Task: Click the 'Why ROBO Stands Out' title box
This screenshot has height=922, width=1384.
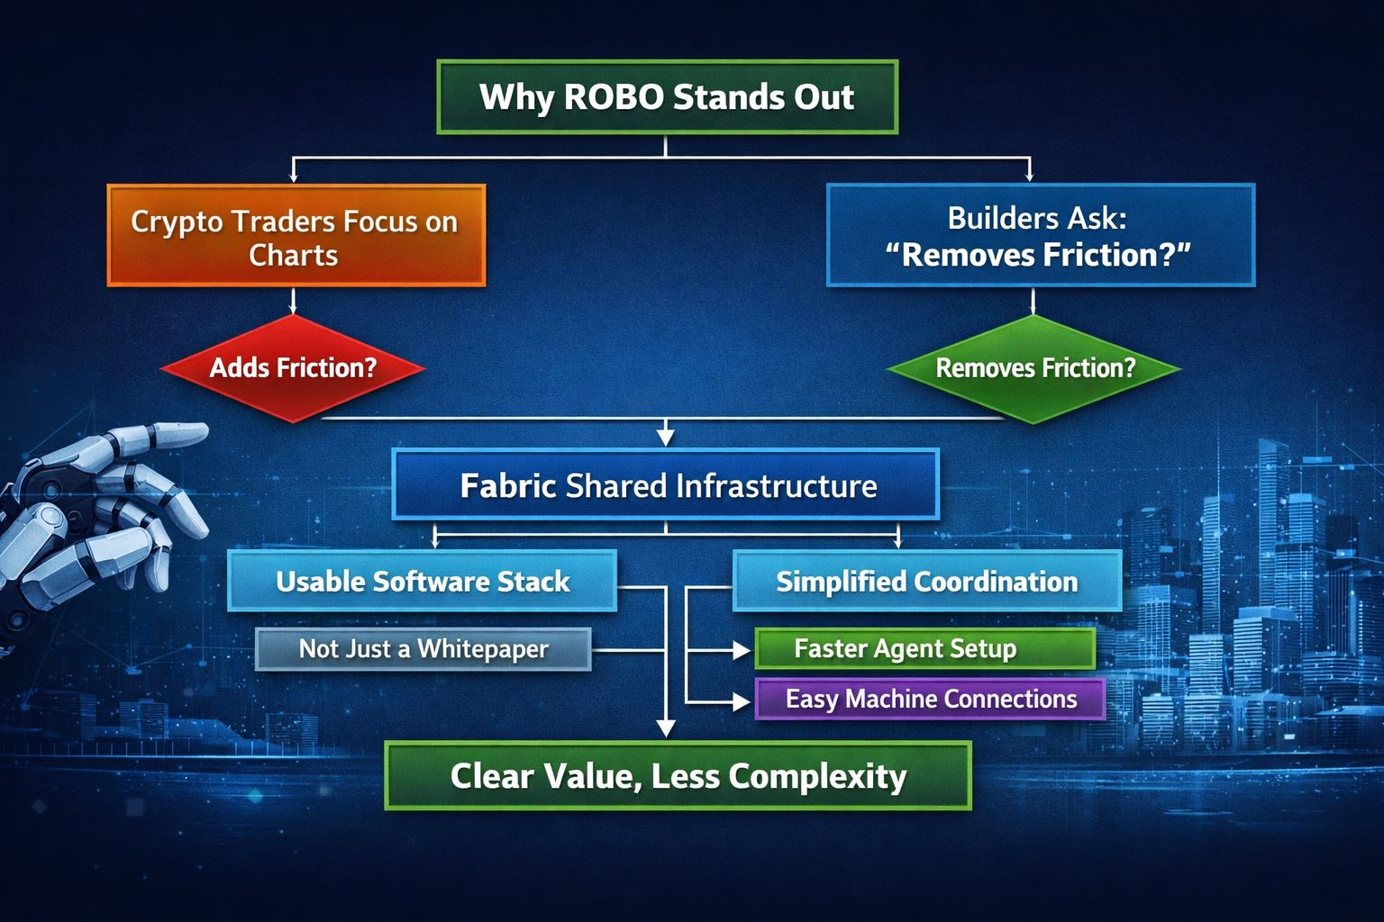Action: coord(667,97)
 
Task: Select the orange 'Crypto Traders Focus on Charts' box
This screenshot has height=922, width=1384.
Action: coord(296,236)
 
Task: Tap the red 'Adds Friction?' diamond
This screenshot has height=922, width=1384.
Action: coord(293,368)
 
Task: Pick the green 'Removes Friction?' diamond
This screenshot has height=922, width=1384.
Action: coord(1034,368)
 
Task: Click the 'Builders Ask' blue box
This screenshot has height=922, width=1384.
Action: coord(1040,236)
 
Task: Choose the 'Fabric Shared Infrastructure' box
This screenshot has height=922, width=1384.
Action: coord(666,485)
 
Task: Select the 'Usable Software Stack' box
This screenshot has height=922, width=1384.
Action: coord(422,581)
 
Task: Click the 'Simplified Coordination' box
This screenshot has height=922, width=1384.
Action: coord(926,581)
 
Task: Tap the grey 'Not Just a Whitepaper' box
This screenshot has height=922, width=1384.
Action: coord(423,648)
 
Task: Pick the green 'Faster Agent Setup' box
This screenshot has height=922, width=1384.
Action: coord(924,648)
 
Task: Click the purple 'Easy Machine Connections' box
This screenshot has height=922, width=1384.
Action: coord(930,699)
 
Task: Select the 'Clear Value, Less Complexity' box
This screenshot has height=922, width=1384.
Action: coord(678,775)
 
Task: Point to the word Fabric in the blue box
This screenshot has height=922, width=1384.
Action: coord(507,486)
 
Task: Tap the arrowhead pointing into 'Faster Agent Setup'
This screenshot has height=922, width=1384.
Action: coord(742,649)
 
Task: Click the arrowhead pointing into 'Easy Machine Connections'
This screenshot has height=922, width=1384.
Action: coord(742,701)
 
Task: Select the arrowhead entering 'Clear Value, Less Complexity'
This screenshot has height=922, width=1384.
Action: coord(666,728)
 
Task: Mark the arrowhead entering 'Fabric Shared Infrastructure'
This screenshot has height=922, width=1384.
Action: coord(666,437)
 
